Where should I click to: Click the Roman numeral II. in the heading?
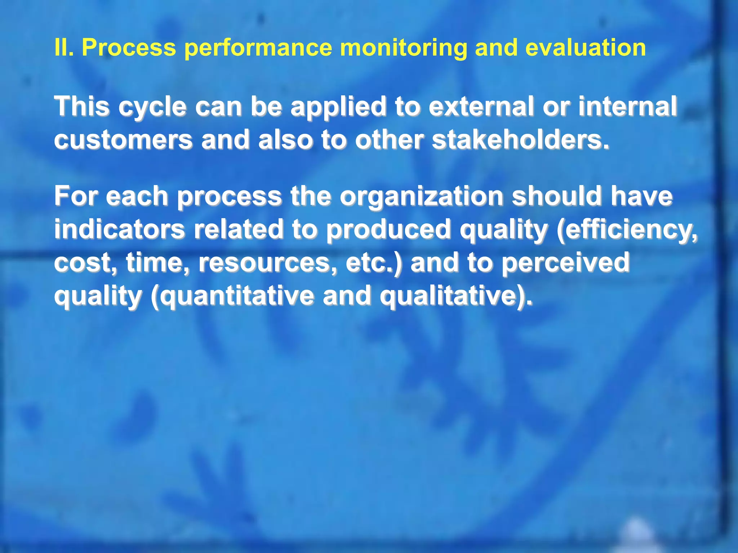(x=64, y=48)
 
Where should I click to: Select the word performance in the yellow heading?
(x=258, y=48)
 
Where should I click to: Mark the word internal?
(x=628, y=107)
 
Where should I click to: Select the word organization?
(x=422, y=197)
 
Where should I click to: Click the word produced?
(x=388, y=230)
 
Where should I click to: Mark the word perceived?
(x=566, y=262)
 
